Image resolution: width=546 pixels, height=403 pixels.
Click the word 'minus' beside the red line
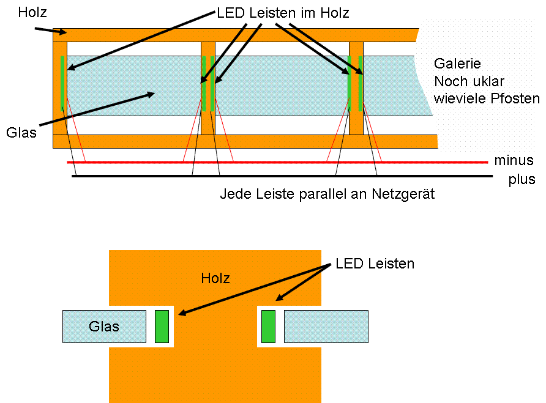click(509, 161)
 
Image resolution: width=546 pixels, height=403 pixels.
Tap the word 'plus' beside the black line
click(522, 180)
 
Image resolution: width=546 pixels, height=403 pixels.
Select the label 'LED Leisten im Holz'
click(283, 13)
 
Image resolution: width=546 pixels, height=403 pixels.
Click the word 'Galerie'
click(457, 64)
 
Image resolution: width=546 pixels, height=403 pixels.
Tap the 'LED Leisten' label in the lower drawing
click(375, 264)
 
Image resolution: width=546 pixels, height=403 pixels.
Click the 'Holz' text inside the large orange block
click(215, 279)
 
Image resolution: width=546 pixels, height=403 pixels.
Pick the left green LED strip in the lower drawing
click(162, 326)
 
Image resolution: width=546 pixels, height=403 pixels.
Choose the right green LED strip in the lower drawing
click(269, 326)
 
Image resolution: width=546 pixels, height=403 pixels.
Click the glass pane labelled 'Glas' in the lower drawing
click(105, 326)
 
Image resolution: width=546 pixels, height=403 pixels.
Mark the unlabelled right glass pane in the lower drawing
click(326, 326)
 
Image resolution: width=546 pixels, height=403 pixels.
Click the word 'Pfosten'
click(519, 98)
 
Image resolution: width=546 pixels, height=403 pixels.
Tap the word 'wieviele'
click(455, 98)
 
